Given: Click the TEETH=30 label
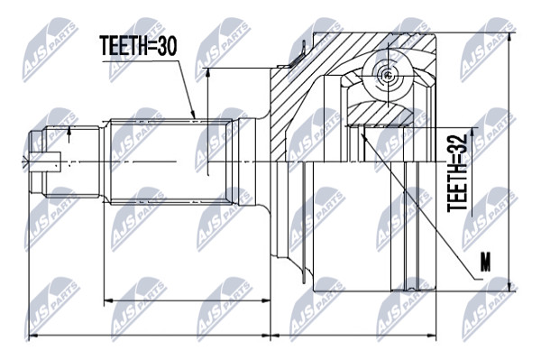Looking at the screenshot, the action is click(139, 46).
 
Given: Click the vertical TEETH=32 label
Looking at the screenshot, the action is click(457, 173).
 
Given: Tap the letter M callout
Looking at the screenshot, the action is click(486, 262).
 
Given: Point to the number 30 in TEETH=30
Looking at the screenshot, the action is click(167, 46).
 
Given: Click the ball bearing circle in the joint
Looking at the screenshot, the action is click(388, 75).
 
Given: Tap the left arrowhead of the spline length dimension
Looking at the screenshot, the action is click(108, 301).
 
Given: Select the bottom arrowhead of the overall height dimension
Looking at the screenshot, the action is click(510, 287).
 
